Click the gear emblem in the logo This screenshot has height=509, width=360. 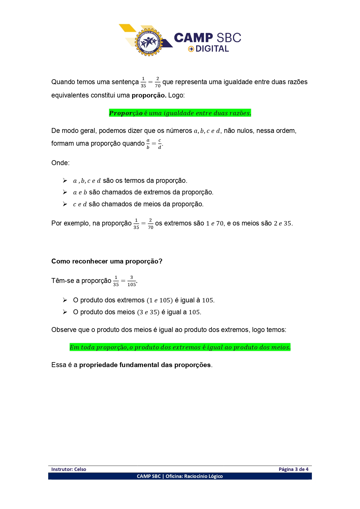[149, 42]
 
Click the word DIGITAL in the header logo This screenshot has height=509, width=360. [212, 49]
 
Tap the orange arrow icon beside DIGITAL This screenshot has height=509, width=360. [191, 49]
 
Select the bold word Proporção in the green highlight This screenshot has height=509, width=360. [126, 113]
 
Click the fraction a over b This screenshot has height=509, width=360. [148, 144]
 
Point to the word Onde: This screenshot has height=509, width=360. [60, 163]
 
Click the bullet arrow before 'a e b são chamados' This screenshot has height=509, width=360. [65, 192]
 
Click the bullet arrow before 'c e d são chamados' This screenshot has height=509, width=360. [65, 204]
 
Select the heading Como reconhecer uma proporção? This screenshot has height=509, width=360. [107, 261]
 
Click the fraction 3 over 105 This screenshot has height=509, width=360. [131, 281]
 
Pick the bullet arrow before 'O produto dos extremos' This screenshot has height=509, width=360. [65, 300]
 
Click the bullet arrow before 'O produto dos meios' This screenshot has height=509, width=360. [65, 312]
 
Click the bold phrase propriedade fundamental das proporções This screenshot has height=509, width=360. [145, 365]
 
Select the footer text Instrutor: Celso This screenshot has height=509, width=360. [69, 469]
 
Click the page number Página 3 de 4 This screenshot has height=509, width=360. [293, 469]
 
